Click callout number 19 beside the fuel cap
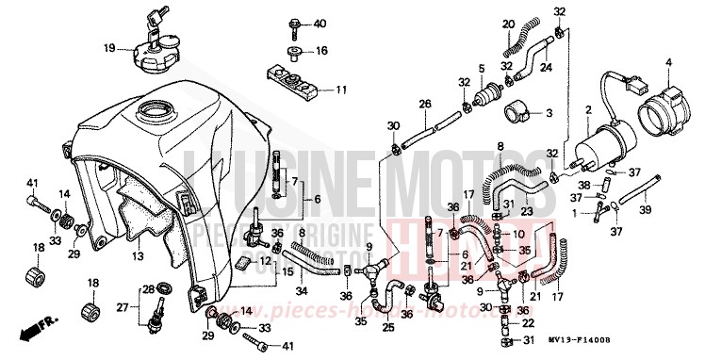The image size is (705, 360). [109, 47]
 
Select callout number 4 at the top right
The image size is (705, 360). [668, 63]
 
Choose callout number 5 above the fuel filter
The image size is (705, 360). [480, 68]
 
